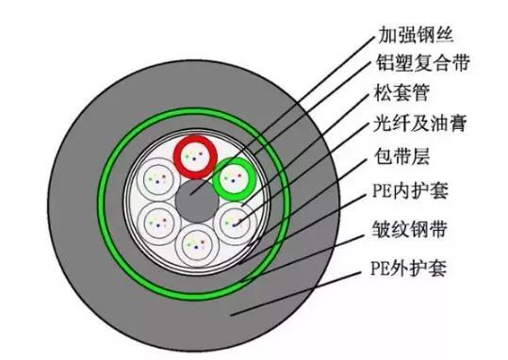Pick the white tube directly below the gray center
(x=195, y=244)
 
